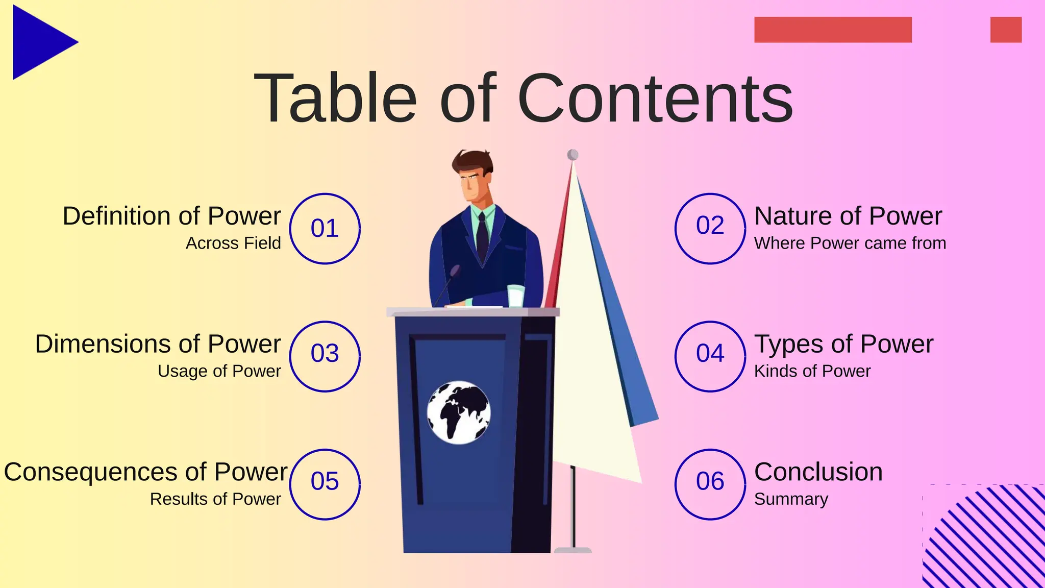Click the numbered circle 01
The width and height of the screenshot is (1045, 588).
325,229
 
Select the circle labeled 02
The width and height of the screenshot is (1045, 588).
710,229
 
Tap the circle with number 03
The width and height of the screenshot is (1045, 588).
325,356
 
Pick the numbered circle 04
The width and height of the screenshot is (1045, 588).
710,356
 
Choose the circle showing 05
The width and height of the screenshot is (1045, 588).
325,484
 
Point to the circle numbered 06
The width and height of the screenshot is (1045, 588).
710,484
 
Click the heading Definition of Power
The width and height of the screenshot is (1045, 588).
171,216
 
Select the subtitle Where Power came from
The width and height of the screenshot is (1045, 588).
850,243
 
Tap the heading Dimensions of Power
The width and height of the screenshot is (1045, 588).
158,344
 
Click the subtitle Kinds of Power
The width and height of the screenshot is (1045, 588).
812,371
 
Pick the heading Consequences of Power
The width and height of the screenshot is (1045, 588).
145,472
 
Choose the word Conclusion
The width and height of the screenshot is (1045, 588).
818,472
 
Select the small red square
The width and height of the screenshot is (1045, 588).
1005,30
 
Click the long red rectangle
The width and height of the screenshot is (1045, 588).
832,30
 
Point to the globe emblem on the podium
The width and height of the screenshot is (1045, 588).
458,412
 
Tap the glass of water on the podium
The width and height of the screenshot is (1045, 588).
515,296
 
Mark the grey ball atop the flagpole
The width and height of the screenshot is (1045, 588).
573,155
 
